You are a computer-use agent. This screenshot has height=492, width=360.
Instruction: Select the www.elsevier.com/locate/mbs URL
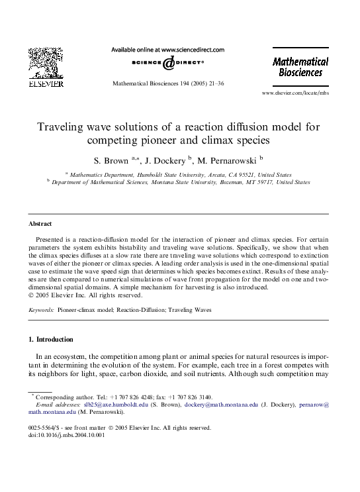[x=295, y=94]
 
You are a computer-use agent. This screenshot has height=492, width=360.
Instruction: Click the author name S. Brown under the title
[x=112, y=159]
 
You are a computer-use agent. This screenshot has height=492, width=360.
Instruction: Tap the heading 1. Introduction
[x=51, y=340]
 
